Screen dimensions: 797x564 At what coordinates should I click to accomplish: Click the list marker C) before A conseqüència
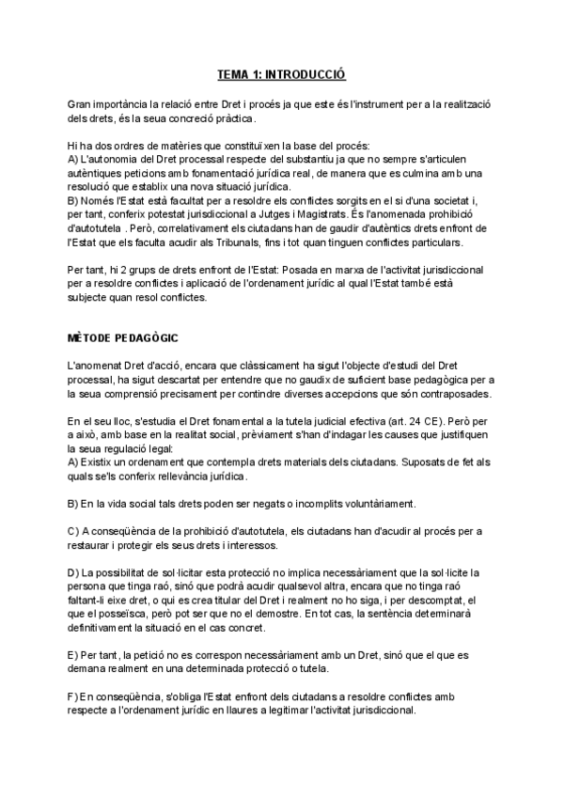tap(74, 533)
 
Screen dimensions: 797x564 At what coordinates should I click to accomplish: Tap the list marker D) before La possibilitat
tap(74, 572)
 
